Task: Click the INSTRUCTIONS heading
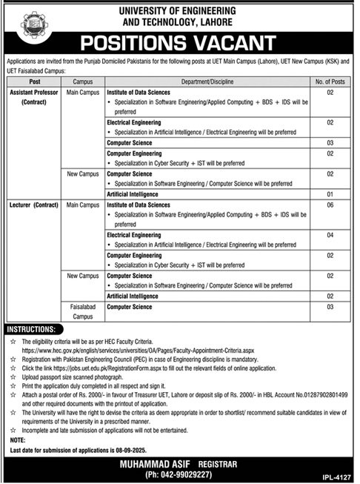(41, 327)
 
